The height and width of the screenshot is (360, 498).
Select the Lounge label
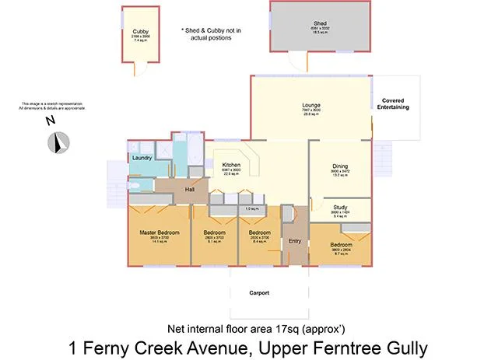(x=311, y=105)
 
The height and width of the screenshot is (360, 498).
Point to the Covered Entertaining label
(x=395, y=103)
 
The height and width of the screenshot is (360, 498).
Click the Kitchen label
(x=231, y=165)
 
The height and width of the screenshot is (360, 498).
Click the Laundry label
(x=142, y=158)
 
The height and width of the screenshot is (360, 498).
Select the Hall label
(x=189, y=190)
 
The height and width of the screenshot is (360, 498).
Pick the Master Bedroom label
(x=159, y=232)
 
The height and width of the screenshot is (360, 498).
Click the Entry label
(x=295, y=241)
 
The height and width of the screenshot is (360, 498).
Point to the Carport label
(x=259, y=293)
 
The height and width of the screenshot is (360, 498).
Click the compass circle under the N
(x=59, y=142)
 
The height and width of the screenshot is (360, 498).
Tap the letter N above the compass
(x=50, y=121)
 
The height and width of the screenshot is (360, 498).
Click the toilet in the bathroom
(x=133, y=187)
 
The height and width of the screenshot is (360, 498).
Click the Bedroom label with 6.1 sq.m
(x=215, y=232)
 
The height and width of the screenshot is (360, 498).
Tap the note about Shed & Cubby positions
(x=211, y=33)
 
